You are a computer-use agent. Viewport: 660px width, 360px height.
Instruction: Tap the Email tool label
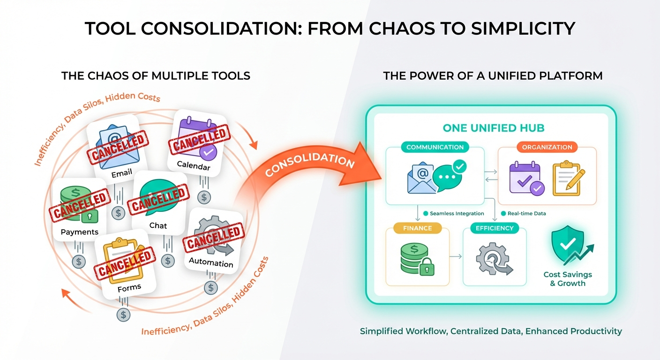[121, 174]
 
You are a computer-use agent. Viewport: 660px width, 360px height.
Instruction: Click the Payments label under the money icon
[80, 232]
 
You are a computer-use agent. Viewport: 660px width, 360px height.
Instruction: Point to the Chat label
[158, 225]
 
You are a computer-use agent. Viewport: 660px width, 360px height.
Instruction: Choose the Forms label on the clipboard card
[129, 288]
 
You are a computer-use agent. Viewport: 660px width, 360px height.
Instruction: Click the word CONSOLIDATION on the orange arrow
[310, 164]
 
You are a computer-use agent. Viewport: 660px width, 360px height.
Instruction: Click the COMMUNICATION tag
[435, 147]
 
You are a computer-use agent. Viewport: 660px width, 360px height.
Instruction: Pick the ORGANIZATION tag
[547, 147]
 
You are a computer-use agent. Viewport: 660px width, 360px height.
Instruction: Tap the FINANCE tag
[417, 228]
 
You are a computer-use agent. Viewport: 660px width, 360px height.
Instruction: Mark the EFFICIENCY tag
[495, 228]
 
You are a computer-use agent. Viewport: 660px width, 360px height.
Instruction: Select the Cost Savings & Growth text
[568, 279]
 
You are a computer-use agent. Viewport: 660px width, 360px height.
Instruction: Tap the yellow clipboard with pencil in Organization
[566, 178]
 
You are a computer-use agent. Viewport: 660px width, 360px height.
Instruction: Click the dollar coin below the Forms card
[123, 315]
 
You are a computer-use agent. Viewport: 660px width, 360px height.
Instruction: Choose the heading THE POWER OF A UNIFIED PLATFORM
[493, 75]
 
